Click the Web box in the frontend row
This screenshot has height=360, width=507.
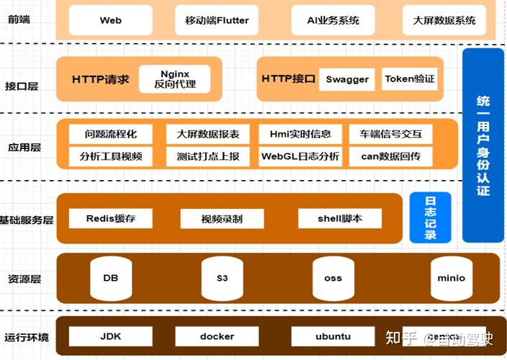pos(110,20)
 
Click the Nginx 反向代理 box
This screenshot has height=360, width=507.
pos(174,79)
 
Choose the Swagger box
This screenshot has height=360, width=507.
pos(347,79)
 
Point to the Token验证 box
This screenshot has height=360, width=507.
pos(409,79)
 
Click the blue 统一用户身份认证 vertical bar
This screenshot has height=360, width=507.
pos(483,145)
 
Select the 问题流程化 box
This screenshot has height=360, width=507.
pos(110,134)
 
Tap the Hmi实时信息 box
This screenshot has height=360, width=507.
pos(300,134)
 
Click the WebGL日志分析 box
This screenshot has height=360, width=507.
pos(300,156)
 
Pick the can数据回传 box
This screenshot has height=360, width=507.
pos(391,156)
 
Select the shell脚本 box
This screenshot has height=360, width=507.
pos(339,218)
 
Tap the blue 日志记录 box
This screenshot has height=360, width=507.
pos(430,217)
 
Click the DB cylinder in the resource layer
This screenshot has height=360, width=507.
pos(110,278)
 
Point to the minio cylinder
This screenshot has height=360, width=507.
pos(452,278)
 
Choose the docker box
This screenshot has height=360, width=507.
pos(217,336)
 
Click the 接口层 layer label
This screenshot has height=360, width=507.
pos(23,86)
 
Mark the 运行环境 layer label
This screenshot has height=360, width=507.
pos(27,337)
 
